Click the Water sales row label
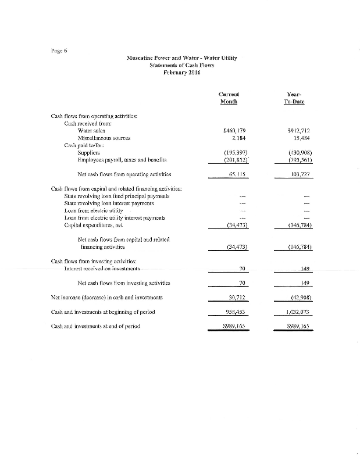pyautogui.click(x=91, y=131)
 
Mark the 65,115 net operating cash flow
pyautogui.click(x=237, y=174)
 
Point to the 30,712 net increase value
pyautogui.click(x=237, y=297)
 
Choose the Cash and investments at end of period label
pyautogui.click(x=96, y=326)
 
